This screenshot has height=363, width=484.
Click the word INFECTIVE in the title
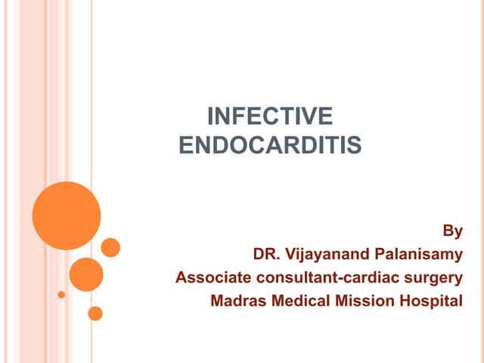270,116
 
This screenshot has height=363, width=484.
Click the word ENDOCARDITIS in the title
270,143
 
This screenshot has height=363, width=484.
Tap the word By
451,230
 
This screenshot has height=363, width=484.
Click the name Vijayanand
330,253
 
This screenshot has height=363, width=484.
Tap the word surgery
433,277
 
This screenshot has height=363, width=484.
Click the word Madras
237,300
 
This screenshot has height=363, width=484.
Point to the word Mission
360,300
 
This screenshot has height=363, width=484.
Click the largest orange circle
67,216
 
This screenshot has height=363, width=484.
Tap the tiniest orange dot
61,294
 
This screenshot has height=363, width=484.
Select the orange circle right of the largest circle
110,247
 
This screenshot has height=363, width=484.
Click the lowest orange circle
95,312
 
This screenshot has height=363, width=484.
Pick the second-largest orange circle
86,274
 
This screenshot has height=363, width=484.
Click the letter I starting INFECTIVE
210,116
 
